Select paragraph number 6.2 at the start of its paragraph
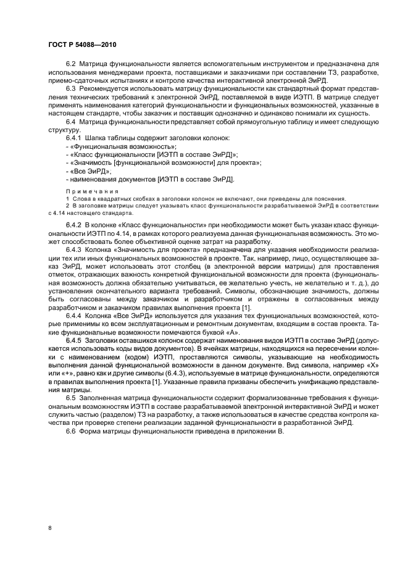pyautogui.click(x=71, y=64)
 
